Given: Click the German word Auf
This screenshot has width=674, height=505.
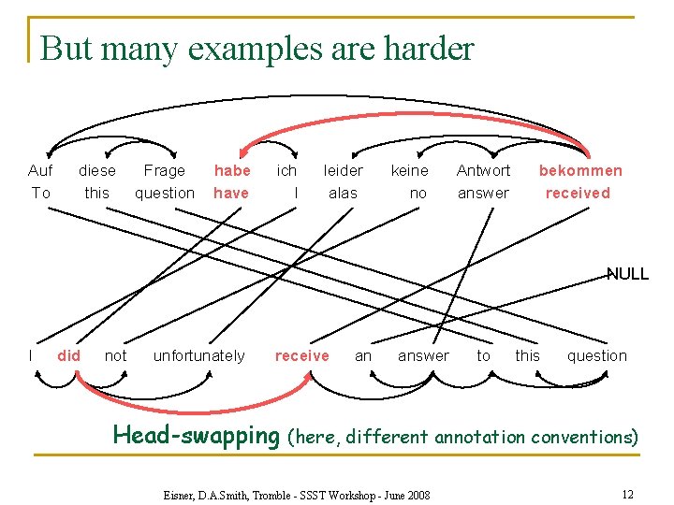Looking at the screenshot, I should point(40,170).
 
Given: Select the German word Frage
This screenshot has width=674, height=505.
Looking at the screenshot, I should point(165,170).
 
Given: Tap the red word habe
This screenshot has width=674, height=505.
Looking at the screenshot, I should point(232,170).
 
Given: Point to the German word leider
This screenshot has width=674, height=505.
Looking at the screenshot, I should point(344,170).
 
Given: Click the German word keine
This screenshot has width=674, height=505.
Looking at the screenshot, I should point(409,170).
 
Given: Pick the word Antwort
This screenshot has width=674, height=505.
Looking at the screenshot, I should point(483,170).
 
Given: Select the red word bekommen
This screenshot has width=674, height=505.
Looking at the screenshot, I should point(580,170).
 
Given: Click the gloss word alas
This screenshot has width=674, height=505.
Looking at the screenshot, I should point(343,193).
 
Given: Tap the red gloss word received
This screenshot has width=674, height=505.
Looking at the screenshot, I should point(578,193).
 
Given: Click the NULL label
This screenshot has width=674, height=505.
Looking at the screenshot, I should point(627,274).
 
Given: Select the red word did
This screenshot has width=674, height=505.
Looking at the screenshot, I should point(68,355).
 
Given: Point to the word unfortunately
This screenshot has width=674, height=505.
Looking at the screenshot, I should point(198,355).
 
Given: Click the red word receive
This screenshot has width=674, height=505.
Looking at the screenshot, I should point(301,355).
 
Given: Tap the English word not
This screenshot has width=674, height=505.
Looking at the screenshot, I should point(116,355).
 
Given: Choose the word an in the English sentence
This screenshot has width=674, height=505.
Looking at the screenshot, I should point(363,355).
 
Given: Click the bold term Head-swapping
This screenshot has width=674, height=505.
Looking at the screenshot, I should point(196,435).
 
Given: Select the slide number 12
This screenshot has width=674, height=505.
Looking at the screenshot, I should point(627,493).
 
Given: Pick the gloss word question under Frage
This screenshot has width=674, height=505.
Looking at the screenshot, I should point(165,193).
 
